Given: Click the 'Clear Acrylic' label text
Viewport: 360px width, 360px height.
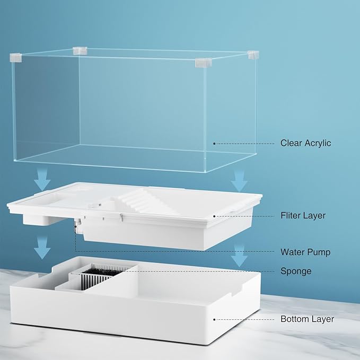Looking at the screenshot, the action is tap(305, 143).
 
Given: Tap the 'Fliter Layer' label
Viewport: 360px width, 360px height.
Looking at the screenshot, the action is tap(303, 216).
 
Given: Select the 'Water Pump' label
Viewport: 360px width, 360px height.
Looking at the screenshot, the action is tap(305, 252).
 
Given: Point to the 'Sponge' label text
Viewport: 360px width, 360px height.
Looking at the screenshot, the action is tap(296, 271).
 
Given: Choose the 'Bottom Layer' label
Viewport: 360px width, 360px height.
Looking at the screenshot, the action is tap(307, 319).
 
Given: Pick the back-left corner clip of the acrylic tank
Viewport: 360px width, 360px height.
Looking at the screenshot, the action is tap(80, 51).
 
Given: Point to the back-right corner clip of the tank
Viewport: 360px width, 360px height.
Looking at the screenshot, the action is tap(253, 55).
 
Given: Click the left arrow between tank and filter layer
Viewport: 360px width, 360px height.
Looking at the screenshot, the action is tap(42, 179).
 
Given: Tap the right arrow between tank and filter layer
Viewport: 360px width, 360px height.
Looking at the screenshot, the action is tap(239, 181).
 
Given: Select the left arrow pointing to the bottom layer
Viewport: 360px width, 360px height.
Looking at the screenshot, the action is tap(42, 248).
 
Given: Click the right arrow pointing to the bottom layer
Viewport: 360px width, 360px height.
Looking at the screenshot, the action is tap(239, 256).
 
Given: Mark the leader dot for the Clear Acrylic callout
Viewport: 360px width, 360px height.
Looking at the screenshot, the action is tap(214, 144).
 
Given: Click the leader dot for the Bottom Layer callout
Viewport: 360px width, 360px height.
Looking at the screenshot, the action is tap(214, 320).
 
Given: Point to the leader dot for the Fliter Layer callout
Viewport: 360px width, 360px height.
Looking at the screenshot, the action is tap(214, 216).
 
